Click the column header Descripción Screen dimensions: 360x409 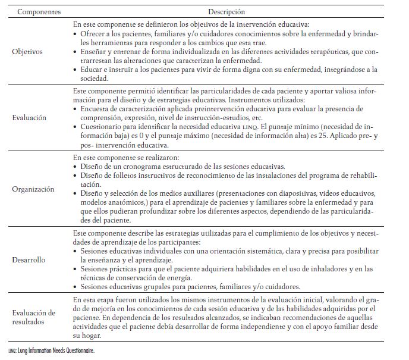tap(226, 12)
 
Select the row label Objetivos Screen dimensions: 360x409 tap(27, 52)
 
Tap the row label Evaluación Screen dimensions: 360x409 tap(29, 118)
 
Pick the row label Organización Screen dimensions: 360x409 tap(33, 189)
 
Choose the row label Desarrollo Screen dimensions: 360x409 tap(29, 260)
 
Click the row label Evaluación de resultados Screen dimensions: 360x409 tap(33, 317)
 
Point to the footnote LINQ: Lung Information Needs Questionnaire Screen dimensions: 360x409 tap(51, 351)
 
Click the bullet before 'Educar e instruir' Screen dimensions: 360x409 tap(75, 69)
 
